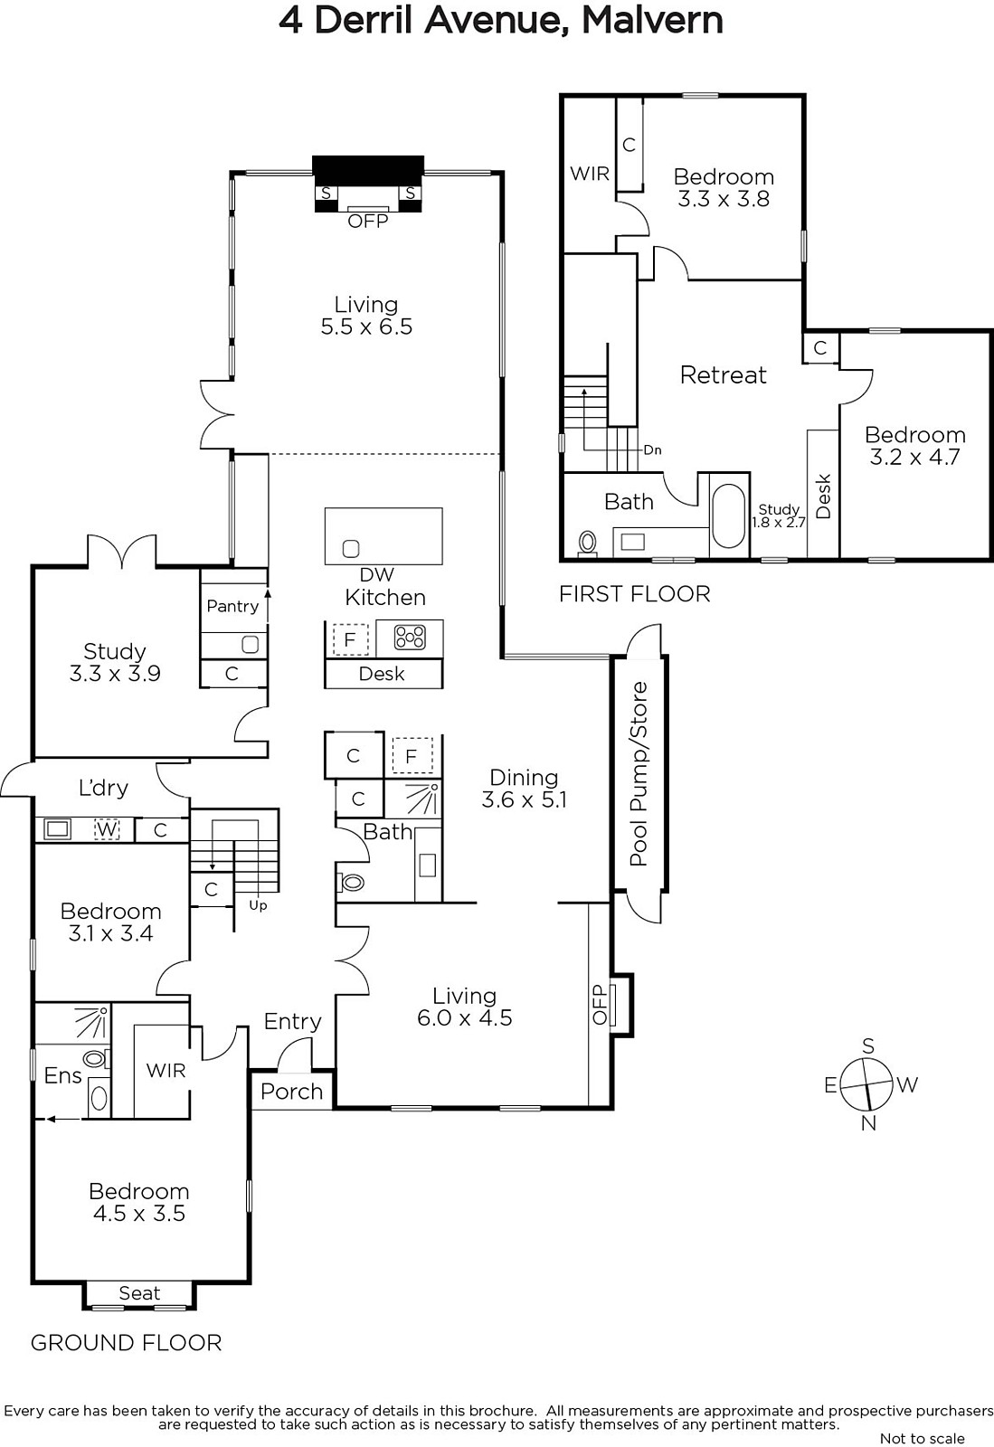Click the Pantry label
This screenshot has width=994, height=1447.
click(232, 606)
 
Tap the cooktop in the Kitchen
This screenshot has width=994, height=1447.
click(410, 638)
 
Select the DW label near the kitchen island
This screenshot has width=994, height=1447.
click(376, 574)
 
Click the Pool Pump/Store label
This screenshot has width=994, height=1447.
click(639, 773)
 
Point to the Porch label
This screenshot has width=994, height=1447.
click(291, 1091)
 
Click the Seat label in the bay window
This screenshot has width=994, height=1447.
click(139, 1292)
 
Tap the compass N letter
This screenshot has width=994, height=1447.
click(868, 1123)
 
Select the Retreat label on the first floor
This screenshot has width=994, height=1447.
click(724, 374)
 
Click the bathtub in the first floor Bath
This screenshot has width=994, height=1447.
click(729, 515)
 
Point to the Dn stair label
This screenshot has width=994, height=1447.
click(652, 450)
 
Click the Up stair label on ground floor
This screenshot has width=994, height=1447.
click(258, 905)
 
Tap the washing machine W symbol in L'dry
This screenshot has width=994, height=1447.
click(107, 828)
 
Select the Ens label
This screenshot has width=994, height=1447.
click(62, 1075)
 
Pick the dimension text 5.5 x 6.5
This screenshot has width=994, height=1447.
click(366, 326)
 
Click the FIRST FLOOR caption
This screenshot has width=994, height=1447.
click(634, 593)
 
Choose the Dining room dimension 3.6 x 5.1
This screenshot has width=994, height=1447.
click(524, 799)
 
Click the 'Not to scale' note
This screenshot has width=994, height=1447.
click(923, 1439)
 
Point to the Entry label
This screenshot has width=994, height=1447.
click(292, 1021)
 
